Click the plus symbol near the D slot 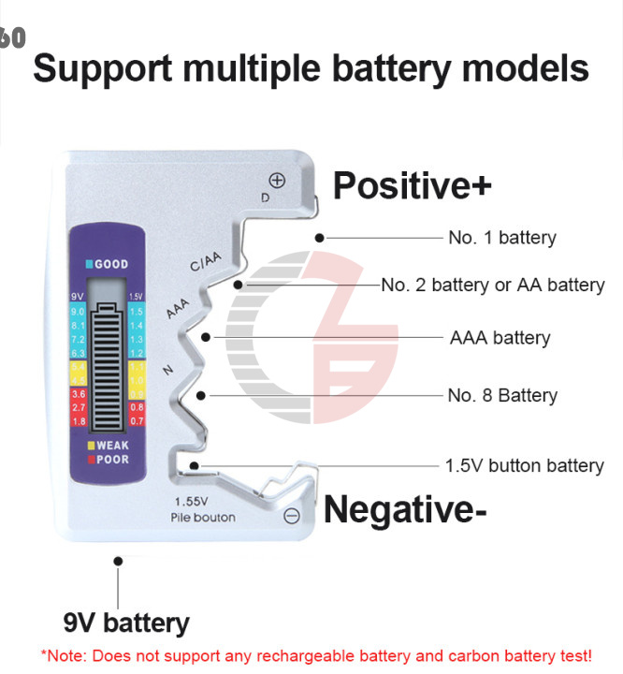[x=277, y=181]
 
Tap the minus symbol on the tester [x=291, y=515]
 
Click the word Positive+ [x=412, y=185]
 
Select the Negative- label [x=405, y=510]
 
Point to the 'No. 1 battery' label [x=501, y=238]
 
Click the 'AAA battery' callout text [x=500, y=338]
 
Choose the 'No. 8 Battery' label [x=501, y=395]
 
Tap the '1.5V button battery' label [x=524, y=465]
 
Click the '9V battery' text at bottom [x=126, y=623]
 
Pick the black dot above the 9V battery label [x=118, y=561]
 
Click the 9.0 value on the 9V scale [x=79, y=311]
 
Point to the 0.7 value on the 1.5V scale [x=137, y=421]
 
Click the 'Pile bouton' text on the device [x=203, y=518]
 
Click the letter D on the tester [x=265, y=198]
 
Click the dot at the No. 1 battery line [x=320, y=238]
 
